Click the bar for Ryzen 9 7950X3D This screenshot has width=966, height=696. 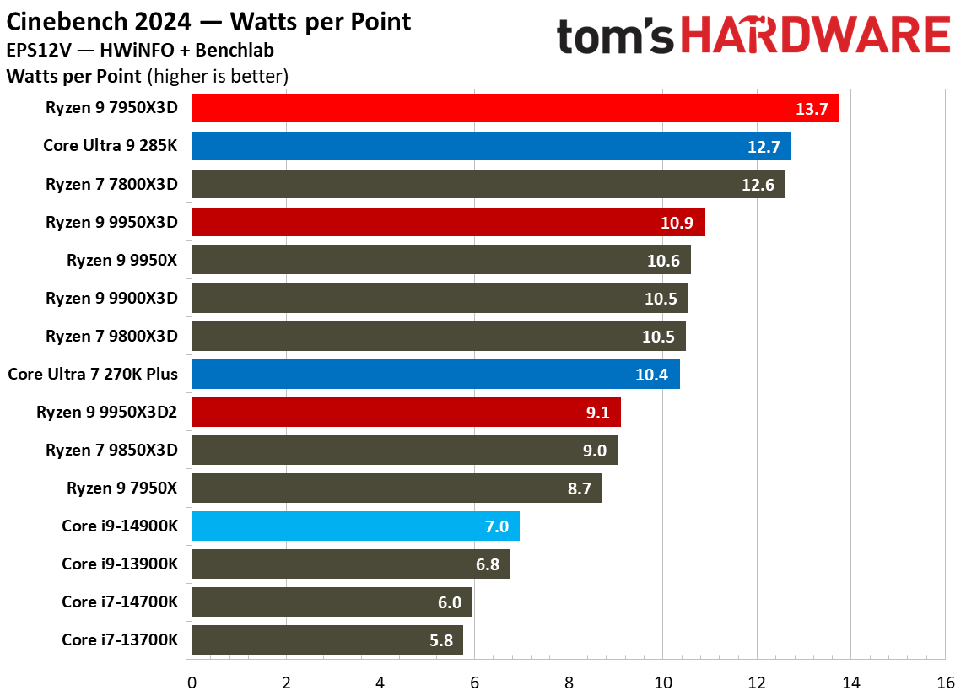point(515,108)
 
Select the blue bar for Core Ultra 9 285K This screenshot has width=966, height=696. point(492,146)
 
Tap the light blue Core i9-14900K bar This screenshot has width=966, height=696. point(355,526)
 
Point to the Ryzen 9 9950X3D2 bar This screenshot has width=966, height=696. point(407,412)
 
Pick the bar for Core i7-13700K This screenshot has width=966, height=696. point(327,640)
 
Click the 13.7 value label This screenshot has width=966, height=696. point(812,109)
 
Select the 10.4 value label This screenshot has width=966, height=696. point(651,375)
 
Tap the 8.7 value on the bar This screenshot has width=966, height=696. point(579,488)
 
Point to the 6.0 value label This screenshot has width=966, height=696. point(450,602)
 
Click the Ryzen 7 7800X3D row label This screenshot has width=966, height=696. point(111,184)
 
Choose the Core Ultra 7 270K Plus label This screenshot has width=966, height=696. point(93,374)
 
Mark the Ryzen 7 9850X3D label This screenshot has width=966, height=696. point(111,451)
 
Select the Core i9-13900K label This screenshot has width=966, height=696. point(120,564)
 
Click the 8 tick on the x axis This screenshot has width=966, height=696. point(569,683)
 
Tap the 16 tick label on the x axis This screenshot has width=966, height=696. point(946,683)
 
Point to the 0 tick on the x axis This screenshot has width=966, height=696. point(192,683)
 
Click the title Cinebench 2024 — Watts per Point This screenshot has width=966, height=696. point(208,22)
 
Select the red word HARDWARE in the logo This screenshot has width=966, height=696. point(815,35)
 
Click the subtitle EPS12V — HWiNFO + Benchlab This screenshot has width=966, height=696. point(140,50)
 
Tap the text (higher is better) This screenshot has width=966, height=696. point(218,77)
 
